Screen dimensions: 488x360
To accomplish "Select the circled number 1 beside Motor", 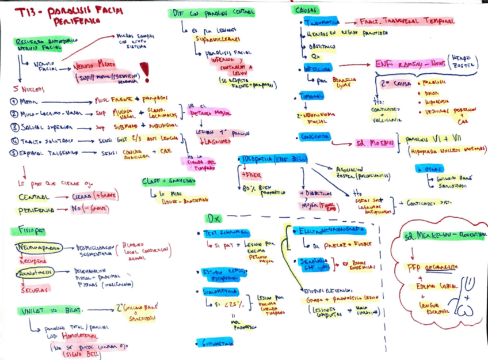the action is point(13,101).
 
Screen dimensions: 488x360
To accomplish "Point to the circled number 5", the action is point(13,152).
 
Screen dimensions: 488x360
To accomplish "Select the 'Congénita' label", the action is point(314,137).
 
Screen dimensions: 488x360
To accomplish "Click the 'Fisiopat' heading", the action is point(28,230).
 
